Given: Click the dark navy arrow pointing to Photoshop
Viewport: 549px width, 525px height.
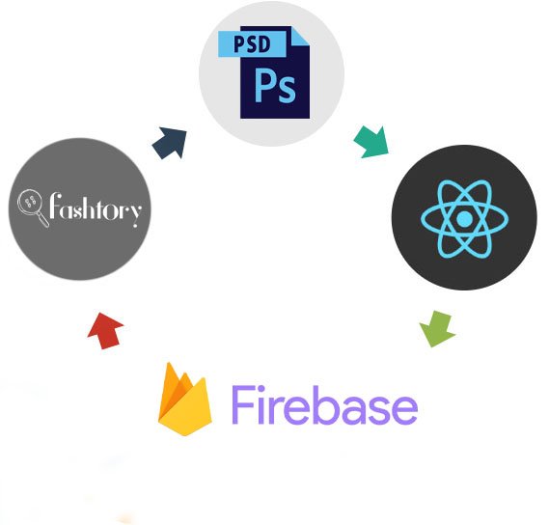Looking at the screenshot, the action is (170, 143).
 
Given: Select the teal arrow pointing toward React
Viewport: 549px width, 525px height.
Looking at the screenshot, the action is (371, 142).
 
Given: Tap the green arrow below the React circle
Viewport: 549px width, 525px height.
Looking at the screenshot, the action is (437, 328).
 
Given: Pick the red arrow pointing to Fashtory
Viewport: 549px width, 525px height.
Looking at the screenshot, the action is (105, 331).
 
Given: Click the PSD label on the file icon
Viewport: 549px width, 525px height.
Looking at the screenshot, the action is (252, 44).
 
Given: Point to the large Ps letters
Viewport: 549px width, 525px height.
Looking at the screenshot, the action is (275, 85).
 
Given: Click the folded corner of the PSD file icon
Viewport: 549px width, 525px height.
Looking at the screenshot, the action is (301, 36).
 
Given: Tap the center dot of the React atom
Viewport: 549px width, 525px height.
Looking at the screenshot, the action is (464, 219).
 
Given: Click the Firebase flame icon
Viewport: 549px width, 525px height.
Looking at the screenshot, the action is (185, 400).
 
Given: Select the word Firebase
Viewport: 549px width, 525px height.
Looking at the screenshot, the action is (324, 405).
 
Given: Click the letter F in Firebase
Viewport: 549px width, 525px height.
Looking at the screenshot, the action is (242, 405).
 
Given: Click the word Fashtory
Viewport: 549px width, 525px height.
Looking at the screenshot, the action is (96, 209).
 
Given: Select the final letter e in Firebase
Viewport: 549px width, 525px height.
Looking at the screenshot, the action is (404, 410).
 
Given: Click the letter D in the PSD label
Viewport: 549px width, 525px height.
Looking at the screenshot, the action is (263, 44).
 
